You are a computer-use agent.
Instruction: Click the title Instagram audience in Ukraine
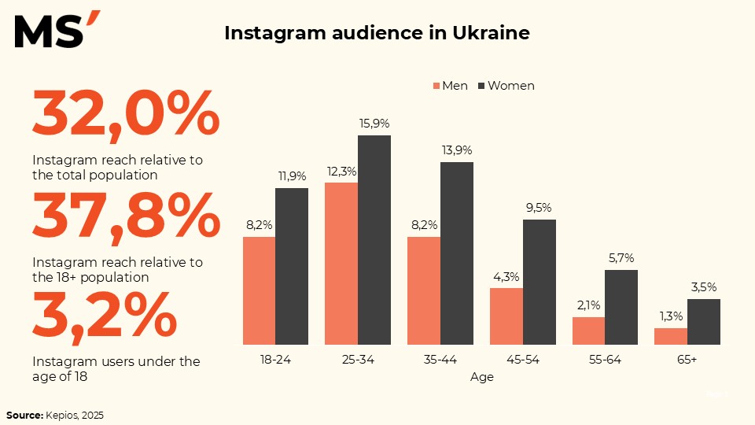[377, 33]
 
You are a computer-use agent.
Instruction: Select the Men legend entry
[449, 85]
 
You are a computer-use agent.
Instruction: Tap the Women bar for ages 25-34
[374, 240]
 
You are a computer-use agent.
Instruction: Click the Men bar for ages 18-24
[259, 290]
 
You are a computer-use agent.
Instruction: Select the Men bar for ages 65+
[671, 336]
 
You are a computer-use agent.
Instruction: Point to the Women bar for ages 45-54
[540, 282]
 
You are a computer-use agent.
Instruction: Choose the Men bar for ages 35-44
[423, 290]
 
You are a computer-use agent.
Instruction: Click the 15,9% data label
[374, 123]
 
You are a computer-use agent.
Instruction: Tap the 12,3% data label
[341, 171]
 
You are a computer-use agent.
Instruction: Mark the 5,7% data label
[621, 257]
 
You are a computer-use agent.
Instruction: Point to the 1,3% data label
[671, 316]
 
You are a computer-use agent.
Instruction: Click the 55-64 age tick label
[605, 360]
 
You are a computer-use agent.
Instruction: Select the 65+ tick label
[687, 360]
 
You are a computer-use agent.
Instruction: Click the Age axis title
[482, 377]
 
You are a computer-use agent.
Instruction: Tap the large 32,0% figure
[126, 114]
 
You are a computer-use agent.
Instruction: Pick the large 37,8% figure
[126, 217]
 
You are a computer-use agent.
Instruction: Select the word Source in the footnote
[24, 415]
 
